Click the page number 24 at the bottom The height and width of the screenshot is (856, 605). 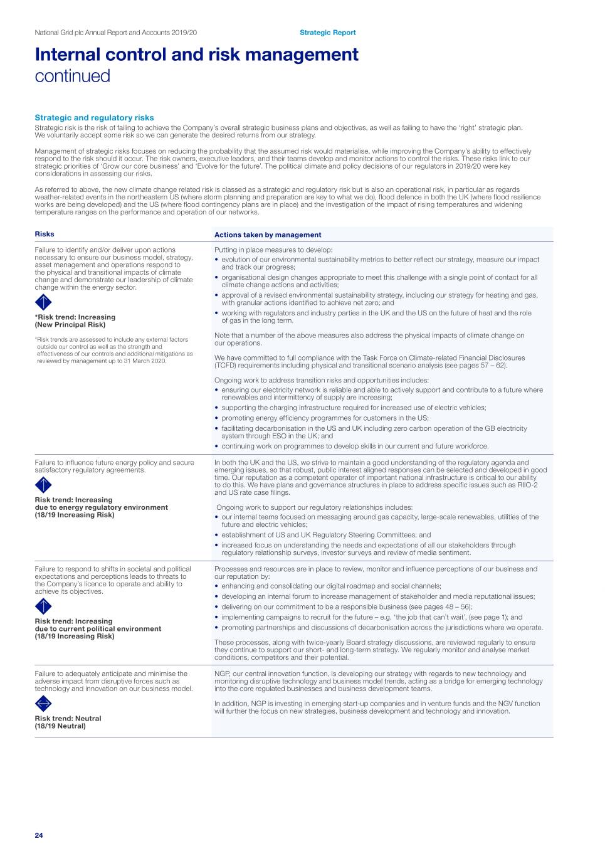[x=39, y=835]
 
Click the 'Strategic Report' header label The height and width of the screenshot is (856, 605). [x=327, y=33]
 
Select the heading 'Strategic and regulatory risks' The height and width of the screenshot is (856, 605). [x=94, y=117]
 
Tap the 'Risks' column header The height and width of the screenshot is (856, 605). [x=45, y=234]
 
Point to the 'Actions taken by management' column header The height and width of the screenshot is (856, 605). [x=268, y=235]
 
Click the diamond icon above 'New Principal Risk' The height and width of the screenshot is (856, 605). [x=43, y=302]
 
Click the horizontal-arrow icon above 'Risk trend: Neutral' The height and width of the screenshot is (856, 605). [x=43, y=704]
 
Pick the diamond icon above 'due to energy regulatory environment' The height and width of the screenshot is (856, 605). [x=43, y=485]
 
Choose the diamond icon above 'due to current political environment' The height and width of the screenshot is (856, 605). [x=43, y=606]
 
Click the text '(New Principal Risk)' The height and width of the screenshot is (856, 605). [x=70, y=325]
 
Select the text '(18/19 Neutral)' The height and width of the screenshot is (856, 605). [x=60, y=726]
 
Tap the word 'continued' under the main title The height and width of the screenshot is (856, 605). [x=72, y=76]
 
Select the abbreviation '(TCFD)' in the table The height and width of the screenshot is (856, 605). [x=227, y=366]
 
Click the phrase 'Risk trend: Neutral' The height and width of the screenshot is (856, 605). [x=68, y=719]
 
